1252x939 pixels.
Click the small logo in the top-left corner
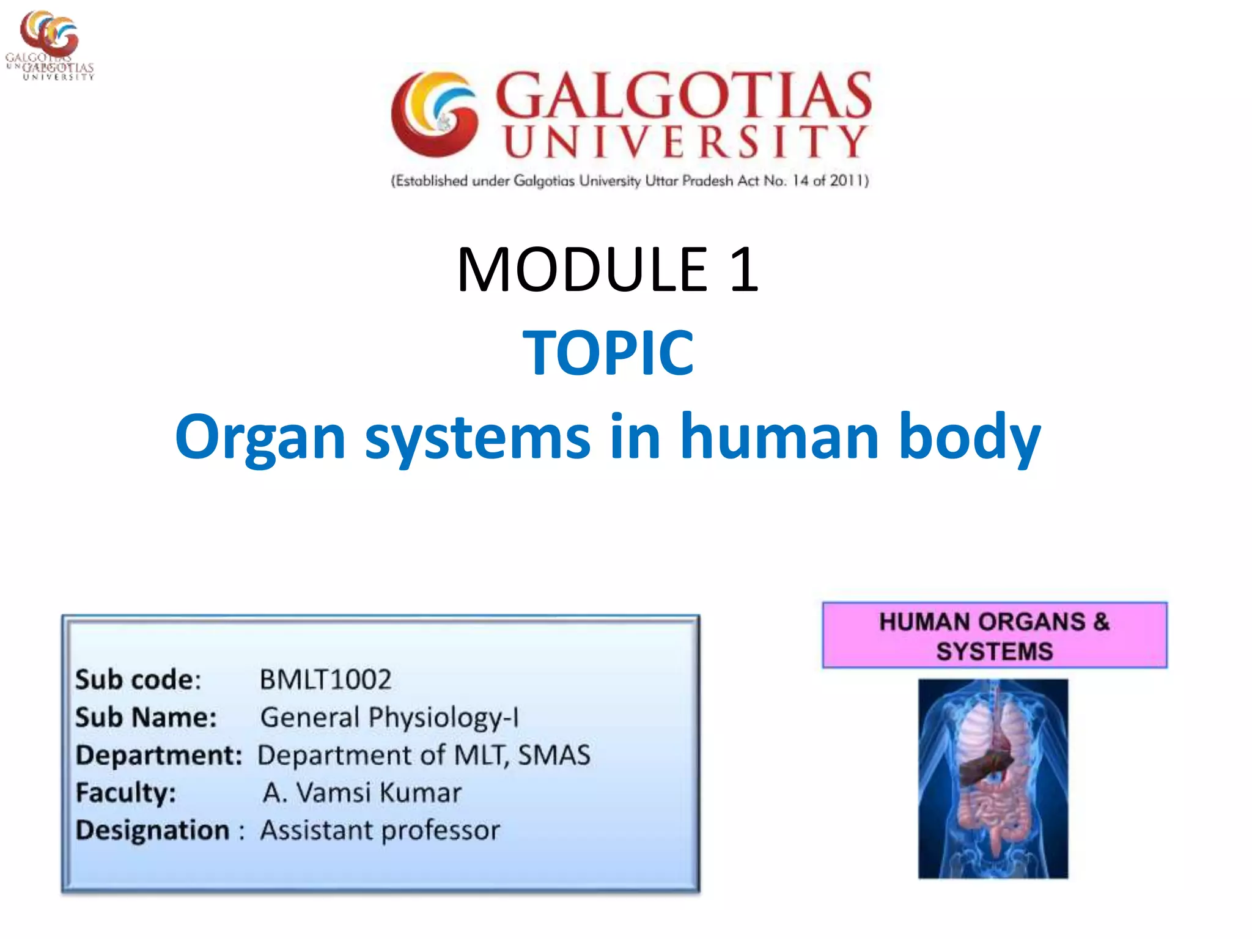point(49,44)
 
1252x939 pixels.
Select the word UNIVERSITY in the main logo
point(685,142)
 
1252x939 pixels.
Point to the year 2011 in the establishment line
point(846,180)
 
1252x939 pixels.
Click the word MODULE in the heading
point(581,270)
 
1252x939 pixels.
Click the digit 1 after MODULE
point(743,270)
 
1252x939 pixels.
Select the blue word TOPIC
point(608,353)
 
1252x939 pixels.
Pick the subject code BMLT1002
point(325,680)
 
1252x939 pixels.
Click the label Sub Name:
point(145,718)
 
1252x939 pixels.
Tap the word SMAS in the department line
point(554,755)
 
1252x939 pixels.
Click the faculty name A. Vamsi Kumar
point(362,793)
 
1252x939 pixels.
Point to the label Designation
point(152,831)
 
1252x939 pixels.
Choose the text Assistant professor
point(380,831)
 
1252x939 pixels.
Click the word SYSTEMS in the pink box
point(994,652)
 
